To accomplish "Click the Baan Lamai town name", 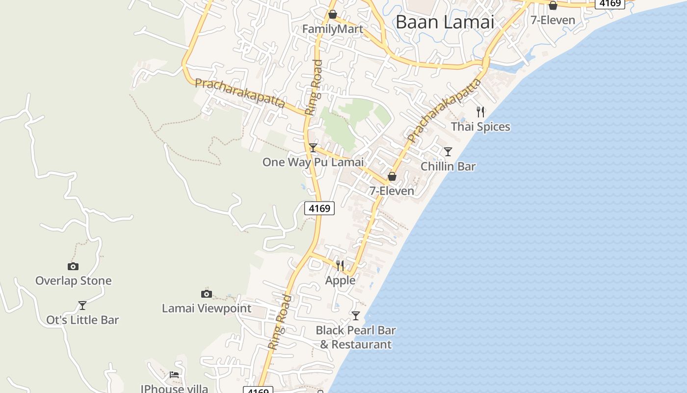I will (x=445, y=22).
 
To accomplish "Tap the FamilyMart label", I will (x=333, y=29).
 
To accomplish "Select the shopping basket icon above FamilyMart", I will (x=333, y=14).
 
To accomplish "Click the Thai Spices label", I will (x=480, y=127).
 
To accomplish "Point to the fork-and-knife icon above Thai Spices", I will (x=480, y=112).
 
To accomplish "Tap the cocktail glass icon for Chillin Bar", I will (x=448, y=151).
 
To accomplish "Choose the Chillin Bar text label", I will (x=448, y=167).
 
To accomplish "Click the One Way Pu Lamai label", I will (x=313, y=162).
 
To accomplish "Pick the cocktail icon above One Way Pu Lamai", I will (x=313, y=147).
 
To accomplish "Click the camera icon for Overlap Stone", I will (x=73, y=266).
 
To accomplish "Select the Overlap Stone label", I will (x=74, y=281).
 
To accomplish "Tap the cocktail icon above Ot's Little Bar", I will (x=82, y=306).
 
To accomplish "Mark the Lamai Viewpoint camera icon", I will (x=207, y=294).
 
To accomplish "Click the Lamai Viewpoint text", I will (x=207, y=309).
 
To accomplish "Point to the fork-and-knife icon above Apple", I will (x=340, y=266).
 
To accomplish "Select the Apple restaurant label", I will (x=340, y=280).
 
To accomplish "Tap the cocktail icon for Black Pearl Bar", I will (x=356, y=315).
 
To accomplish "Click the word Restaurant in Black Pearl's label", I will (x=362, y=345).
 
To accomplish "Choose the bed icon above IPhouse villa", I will (x=174, y=375).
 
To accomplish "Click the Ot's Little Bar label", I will (x=82, y=320).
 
